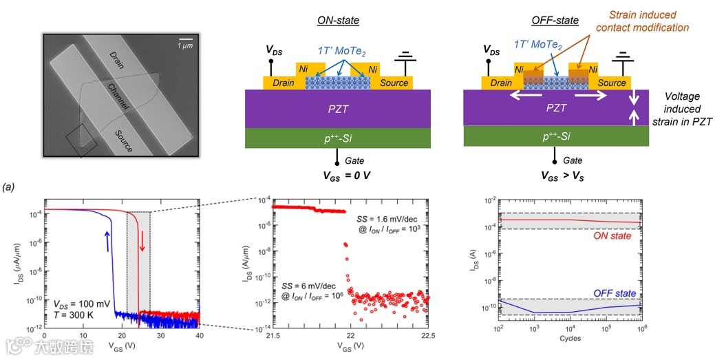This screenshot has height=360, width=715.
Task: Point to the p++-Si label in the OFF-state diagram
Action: click(555, 136)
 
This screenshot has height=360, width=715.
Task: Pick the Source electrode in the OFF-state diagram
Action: click(612, 83)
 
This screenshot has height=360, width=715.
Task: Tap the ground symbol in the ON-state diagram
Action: click(405, 55)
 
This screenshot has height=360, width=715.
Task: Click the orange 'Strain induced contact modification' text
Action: click(642, 21)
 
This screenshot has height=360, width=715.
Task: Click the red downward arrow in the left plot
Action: click(142, 242)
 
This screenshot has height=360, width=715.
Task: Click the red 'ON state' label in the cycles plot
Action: click(612, 236)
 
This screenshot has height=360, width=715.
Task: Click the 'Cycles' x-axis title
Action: click(570, 338)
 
